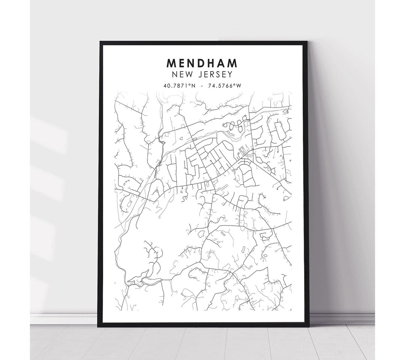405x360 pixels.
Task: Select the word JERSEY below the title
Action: coord(214,75)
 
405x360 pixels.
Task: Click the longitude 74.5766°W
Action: coord(224,86)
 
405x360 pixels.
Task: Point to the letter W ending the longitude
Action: coord(239,86)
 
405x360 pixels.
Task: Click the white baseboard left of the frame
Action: coord(64,319)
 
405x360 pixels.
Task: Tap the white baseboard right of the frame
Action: coord(341,319)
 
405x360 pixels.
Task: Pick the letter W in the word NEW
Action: coord(188,75)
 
